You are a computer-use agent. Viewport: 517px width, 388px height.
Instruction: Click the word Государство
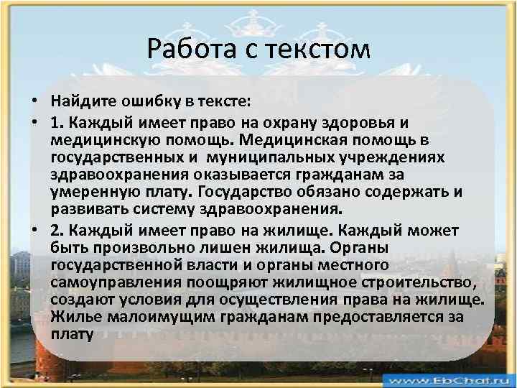click(x=241, y=193)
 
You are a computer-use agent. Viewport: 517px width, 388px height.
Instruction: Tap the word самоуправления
click(x=108, y=283)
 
